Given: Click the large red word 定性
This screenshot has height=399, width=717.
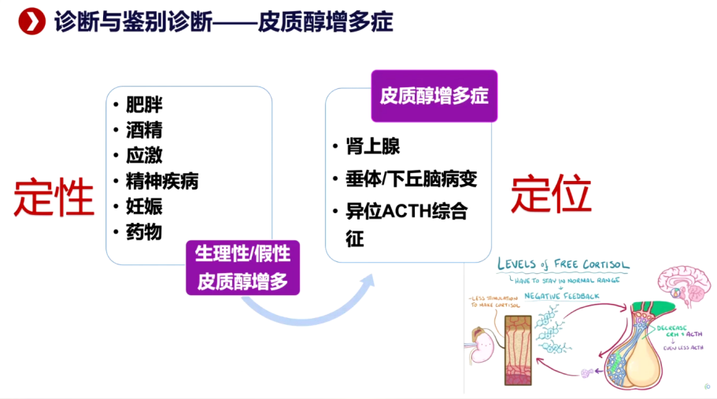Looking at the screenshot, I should pyautogui.click(x=54, y=196).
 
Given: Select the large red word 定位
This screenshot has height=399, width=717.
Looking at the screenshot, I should pyautogui.click(x=551, y=194).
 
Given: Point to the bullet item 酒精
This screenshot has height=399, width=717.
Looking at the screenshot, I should pyautogui.click(x=144, y=131).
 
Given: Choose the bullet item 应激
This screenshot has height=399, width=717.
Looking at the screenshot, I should pyautogui.click(x=144, y=156).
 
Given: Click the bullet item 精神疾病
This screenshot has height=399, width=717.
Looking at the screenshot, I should pyautogui.click(x=161, y=181).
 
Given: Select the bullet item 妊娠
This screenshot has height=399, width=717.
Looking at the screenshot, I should pyautogui.click(x=144, y=206).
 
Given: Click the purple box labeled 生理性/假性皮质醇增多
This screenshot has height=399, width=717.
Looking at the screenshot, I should pyautogui.click(x=242, y=268).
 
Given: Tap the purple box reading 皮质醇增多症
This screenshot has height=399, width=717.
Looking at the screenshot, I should pyautogui.click(x=434, y=96).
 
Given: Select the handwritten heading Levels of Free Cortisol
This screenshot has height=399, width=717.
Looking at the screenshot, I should pyautogui.click(x=562, y=264).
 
